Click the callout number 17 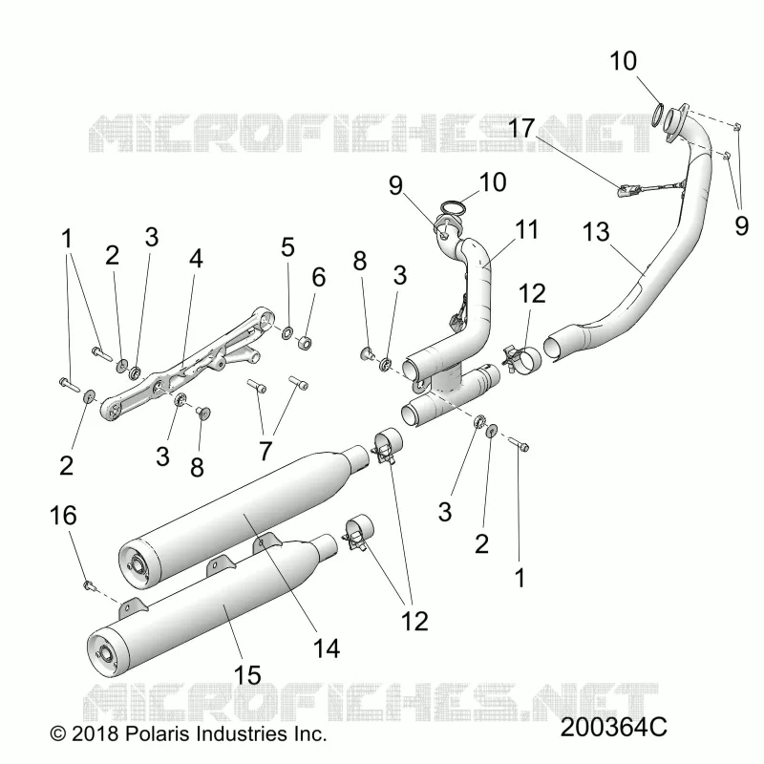[521, 128]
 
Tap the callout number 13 [596, 232]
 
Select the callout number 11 [527, 229]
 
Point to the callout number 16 [63, 516]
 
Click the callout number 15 [247, 675]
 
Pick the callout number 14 [327, 648]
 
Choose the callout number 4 [196, 259]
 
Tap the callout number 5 [288, 247]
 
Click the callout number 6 [319, 277]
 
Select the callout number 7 [265, 451]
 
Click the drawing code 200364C [613, 728]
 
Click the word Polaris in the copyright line [155, 733]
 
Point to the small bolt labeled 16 [89, 584]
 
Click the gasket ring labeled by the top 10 [658, 115]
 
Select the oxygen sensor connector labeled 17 [626, 190]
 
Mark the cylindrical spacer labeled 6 [305, 343]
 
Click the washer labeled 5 [287, 332]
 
